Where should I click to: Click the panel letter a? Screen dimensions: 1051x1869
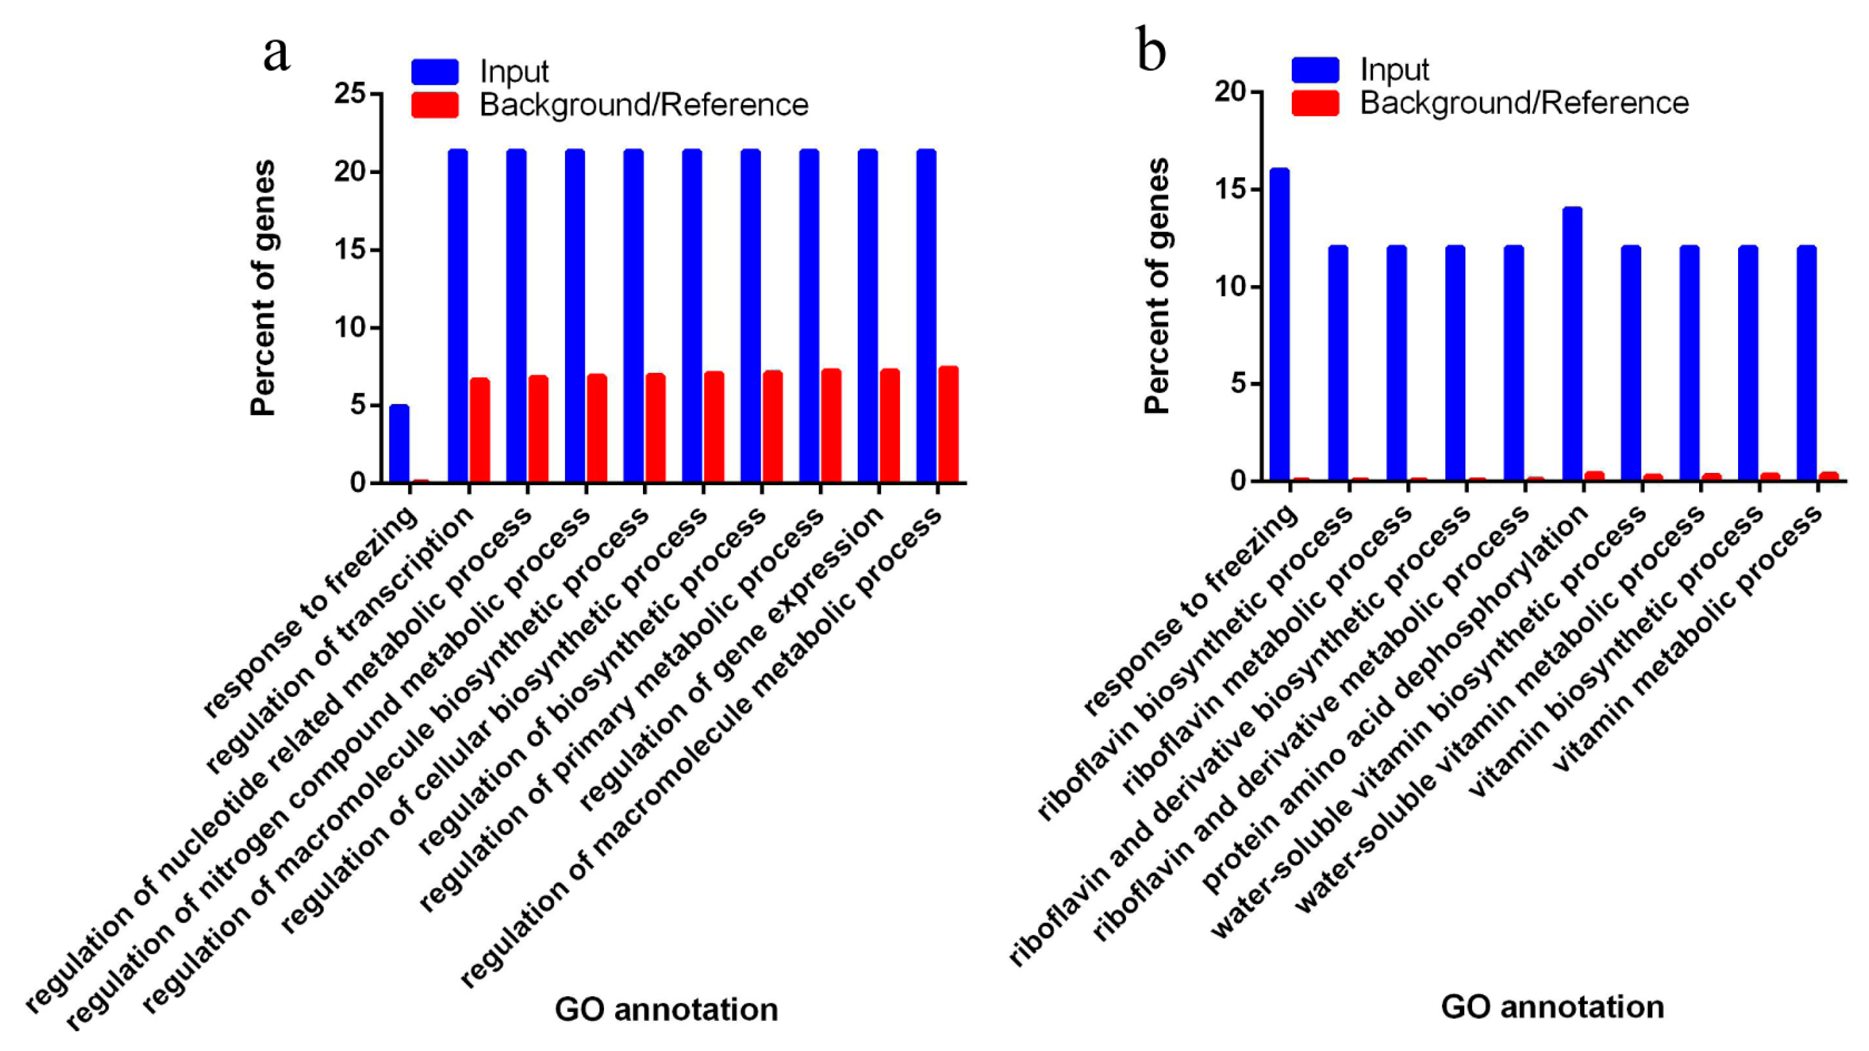point(276,55)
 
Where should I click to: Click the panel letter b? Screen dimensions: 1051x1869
point(1152,51)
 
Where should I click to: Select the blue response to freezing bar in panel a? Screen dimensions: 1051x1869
point(399,443)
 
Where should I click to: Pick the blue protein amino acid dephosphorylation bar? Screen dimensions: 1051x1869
point(1572,344)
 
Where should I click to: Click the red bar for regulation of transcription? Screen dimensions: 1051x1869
point(479,430)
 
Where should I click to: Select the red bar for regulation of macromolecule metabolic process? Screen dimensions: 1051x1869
point(948,425)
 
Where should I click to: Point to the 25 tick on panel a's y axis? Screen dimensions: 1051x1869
point(350,94)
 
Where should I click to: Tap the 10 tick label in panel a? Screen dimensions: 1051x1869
point(350,328)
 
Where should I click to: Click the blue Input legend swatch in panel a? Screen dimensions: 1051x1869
point(435,72)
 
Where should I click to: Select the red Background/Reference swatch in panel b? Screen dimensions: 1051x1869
point(1314,103)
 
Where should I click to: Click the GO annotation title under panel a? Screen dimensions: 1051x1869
point(666,1010)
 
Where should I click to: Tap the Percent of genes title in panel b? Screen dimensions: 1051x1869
point(1157,287)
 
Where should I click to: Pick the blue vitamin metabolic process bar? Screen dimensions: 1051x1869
point(1807,364)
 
